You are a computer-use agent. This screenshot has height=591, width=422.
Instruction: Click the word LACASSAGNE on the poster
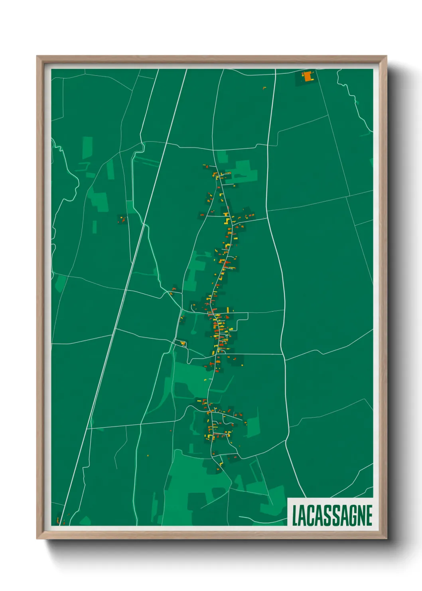click(x=332, y=515)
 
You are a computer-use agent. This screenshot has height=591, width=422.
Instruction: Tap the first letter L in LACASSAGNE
click(x=295, y=515)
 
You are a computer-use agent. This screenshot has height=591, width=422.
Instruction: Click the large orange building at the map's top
click(x=308, y=76)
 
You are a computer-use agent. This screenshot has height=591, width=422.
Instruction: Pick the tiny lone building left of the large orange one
click(x=264, y=88)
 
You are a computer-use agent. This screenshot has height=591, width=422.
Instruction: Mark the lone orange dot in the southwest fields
click(x=148, y=455)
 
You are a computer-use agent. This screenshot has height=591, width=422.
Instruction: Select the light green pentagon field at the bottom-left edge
click(x=85, y=521)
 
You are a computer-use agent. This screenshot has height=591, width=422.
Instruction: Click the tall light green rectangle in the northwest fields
click(x=87, y=147)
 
